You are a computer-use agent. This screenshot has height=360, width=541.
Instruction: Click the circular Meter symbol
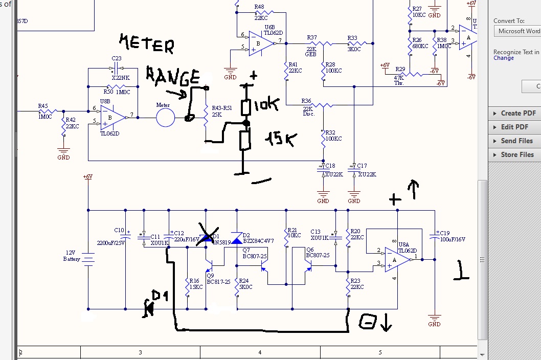tap(165, 117)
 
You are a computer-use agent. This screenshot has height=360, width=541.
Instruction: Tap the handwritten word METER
tap(146, 43)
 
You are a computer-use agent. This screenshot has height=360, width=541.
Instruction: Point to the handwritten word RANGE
tap(173, 76)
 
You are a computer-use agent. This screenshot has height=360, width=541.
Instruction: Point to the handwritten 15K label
tap(279, 140)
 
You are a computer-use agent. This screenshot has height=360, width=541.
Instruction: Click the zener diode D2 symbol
tap(237, 238)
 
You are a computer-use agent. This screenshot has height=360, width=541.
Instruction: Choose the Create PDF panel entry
tap(518, 113)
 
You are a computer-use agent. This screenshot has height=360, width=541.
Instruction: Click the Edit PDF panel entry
tap(514, 127)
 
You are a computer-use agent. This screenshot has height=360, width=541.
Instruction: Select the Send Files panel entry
tap(516, 141)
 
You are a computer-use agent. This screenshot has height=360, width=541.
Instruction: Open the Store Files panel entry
tap(517, 154)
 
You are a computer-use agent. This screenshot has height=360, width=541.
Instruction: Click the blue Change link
tap(504, 58)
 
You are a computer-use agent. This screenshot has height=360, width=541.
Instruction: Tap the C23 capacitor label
tap(117, 58)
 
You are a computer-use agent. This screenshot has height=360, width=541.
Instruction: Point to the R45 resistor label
tap(43, 106)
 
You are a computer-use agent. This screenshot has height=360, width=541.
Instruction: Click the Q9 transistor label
tap(210, 275)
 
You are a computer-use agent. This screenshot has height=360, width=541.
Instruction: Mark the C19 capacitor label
tap(444, 233)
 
